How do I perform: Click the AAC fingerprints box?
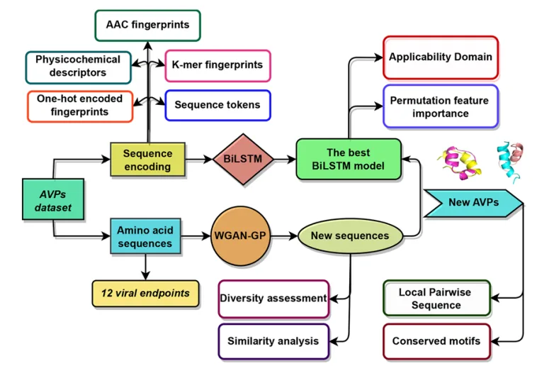point(147,25)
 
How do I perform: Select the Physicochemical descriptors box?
point(78,66)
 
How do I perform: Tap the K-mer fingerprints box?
point(217,65)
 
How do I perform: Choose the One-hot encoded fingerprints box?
point(79,106)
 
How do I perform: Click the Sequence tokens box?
point(217,105)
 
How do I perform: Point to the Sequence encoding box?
point(147,160)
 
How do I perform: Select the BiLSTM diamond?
point(243,160)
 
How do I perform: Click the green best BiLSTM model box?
point(348,160)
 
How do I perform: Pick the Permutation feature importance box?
point(439,106)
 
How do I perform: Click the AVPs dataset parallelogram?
point(54,199)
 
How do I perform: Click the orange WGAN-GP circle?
point(242,235)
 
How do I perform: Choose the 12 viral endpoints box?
point(145,293)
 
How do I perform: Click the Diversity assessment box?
point(273,299)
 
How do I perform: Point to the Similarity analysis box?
point(273,341)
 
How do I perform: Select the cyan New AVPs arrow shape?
point(473,202)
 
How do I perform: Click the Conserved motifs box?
point(436,341)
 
